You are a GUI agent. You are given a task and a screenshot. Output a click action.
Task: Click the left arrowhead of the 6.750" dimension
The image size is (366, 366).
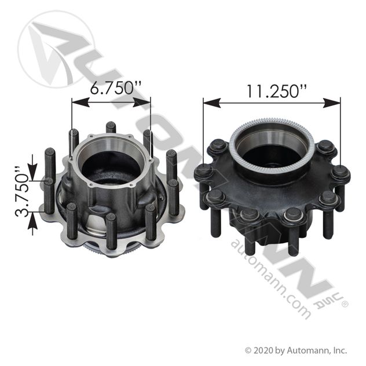(76, 103)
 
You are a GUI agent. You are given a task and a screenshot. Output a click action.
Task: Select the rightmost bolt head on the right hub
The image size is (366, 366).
(341, 173)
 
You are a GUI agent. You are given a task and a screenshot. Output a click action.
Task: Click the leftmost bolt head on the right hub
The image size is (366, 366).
(203, 171)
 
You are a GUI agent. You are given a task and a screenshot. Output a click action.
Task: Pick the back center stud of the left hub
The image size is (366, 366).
(111, 127)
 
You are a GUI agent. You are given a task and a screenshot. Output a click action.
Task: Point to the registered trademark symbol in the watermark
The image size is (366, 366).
(344, 302)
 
